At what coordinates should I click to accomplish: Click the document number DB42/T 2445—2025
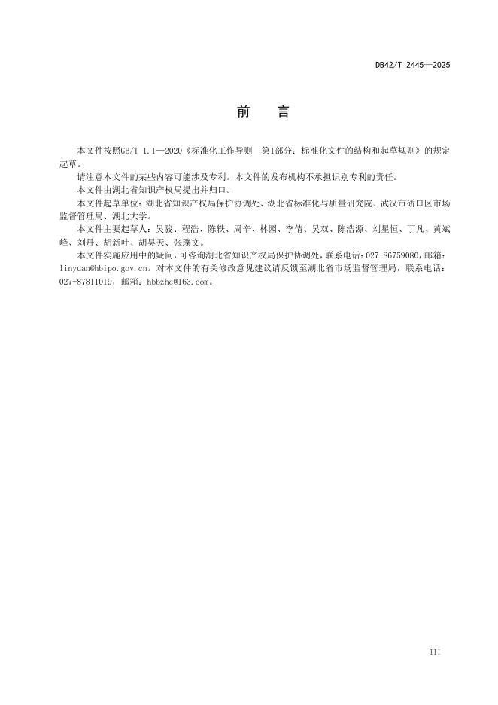coord(412,66)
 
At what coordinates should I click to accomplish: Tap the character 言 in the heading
coord(282,112)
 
